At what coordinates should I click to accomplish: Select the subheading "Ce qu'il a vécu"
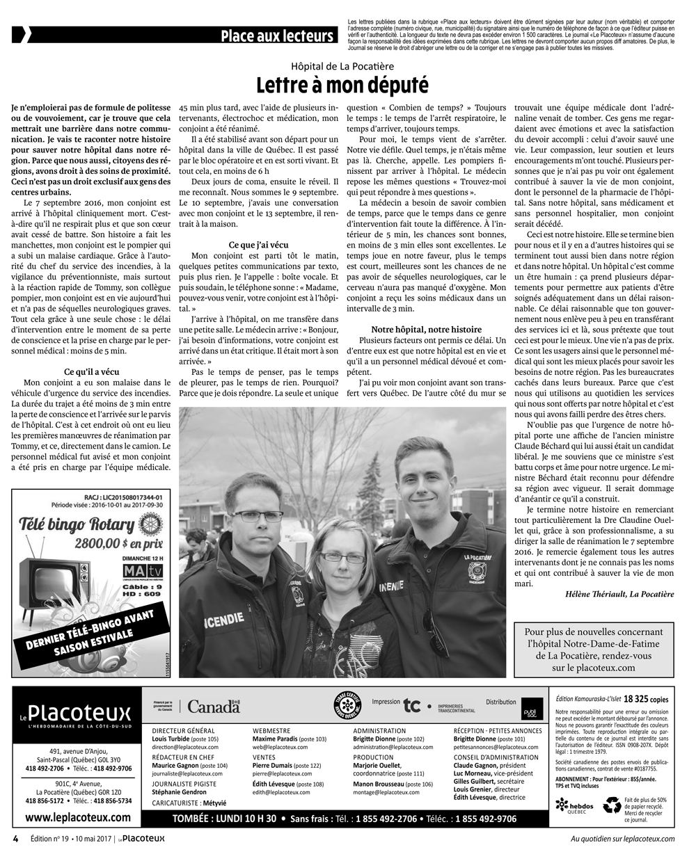tap(91, 371)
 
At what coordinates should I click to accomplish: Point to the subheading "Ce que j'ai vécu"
tap(258, 244)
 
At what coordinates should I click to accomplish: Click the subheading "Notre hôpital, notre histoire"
tap(426, 328)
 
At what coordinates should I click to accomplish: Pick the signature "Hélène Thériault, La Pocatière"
tap(615, 593)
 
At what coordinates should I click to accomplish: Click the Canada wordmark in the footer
tap(213, 707)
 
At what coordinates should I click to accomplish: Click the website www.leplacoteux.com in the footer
tap(77, 818)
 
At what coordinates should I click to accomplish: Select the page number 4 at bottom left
tap(15, 838)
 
